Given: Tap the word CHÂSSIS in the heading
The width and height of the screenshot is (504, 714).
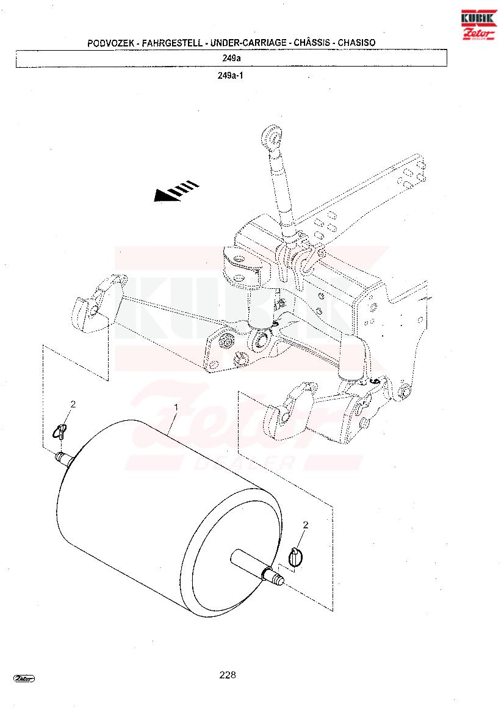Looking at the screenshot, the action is tap(312, 43).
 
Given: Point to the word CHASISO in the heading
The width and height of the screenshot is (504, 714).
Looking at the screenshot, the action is tap(356, 43).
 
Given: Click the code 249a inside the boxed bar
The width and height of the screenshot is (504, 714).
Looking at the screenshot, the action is tap(231, 58).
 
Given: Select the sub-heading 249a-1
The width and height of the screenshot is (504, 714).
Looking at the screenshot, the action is tap(230, 76).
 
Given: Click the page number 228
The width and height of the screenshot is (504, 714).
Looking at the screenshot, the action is tap(228, 675).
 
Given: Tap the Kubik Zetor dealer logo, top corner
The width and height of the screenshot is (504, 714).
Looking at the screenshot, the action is tap(478, 25).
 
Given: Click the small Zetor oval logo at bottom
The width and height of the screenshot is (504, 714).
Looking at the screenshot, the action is tap(24, 679).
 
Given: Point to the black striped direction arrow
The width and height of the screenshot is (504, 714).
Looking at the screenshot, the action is tap(176, 191).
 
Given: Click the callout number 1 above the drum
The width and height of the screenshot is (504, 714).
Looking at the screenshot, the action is tap(176, 406).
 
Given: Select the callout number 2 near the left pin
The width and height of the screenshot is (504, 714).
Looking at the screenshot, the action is tap(73, 404).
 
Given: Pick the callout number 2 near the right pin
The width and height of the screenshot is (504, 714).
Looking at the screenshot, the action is tap(305, 525).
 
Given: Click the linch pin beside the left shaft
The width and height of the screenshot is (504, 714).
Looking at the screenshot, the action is tap(61, 431).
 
